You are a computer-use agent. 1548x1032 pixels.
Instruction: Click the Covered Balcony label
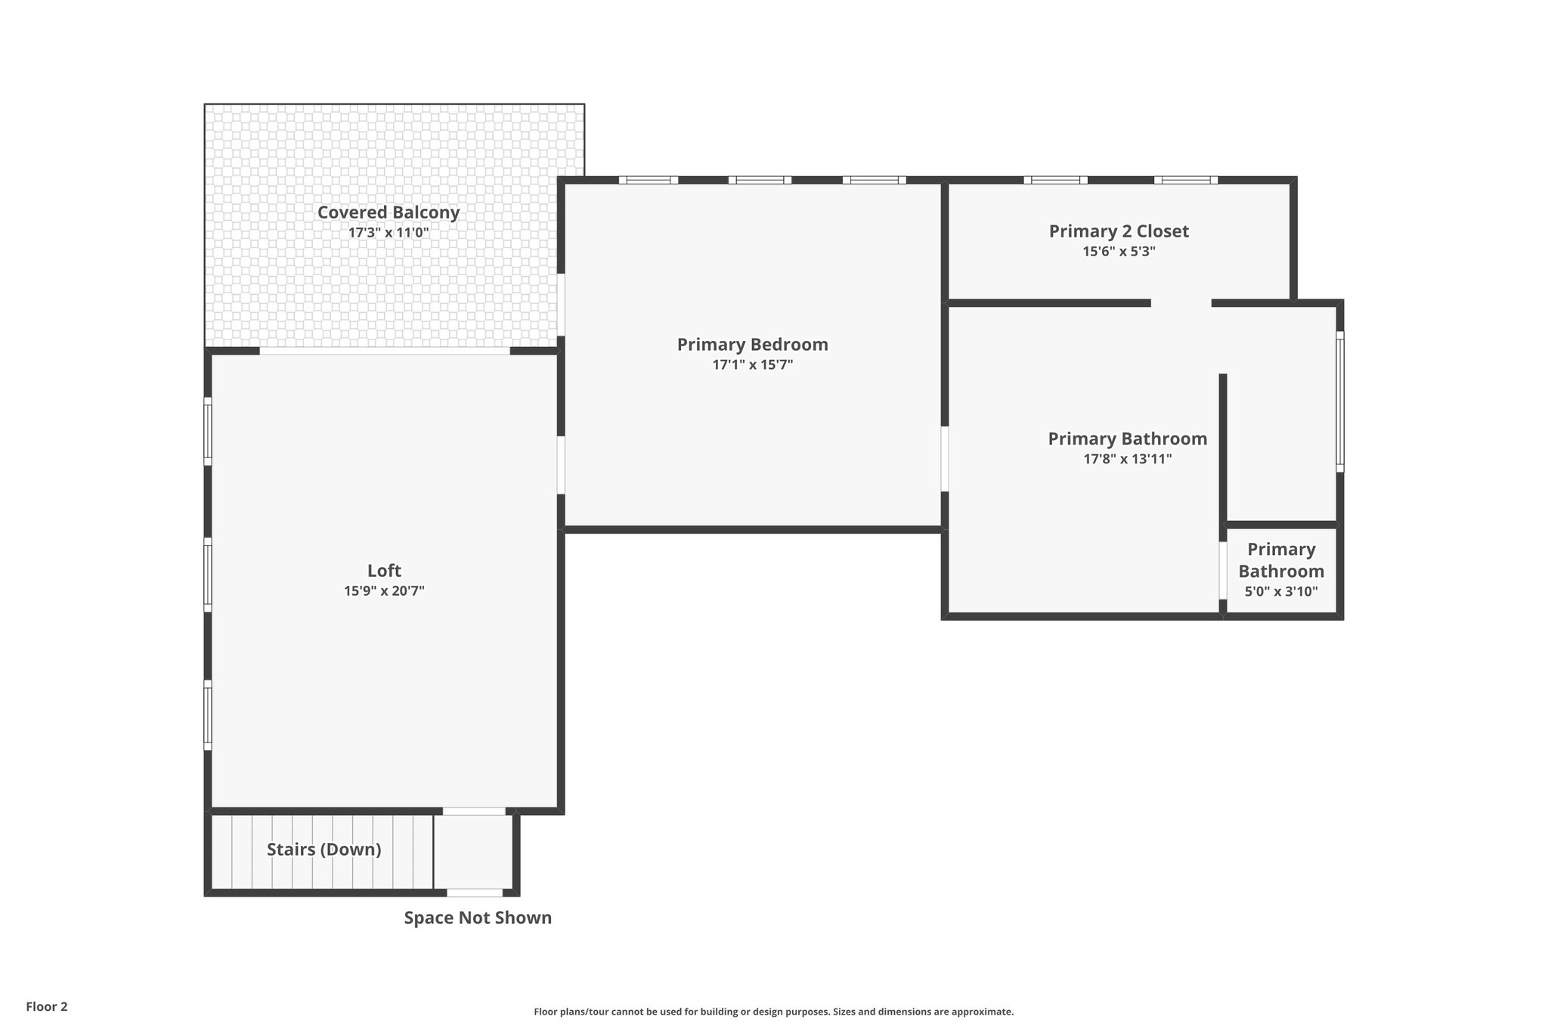(388, 212)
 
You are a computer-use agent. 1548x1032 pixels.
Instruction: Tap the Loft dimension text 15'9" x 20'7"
(384, 591)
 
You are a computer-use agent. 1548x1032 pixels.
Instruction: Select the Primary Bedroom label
(752, 345)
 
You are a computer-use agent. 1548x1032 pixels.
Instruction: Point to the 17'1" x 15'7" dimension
(752, 365)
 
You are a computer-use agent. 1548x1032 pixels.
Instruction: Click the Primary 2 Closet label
(1118, 231)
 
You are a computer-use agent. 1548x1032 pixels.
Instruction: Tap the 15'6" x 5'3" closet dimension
(1119, 252)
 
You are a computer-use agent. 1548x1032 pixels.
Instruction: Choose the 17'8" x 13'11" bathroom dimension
(1127, 459)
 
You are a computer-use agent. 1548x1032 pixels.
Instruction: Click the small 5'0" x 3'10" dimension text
(1280, 592)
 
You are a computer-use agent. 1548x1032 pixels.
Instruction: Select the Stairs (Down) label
(324, 850)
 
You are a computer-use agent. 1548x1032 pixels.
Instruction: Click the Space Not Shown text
(478, 918)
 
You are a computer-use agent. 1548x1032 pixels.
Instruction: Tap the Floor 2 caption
(47, 1007)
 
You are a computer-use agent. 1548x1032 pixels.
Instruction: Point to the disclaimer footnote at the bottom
(773, 1012)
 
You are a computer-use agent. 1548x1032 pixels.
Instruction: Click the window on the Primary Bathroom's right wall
(1339, 401)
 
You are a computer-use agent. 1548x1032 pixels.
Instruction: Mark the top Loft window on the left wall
(208, 431)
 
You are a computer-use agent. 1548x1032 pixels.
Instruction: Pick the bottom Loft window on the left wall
(208, 714)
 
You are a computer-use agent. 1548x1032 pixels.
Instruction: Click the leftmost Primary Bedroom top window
(649, 180)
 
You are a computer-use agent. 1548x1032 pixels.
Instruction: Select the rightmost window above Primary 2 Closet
(1185, 180)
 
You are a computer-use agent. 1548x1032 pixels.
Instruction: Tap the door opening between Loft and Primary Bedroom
(561, 465)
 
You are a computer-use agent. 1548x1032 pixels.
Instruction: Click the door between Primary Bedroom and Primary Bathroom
(945, 459)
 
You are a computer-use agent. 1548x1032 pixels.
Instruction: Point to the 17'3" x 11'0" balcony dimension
(388, 233)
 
